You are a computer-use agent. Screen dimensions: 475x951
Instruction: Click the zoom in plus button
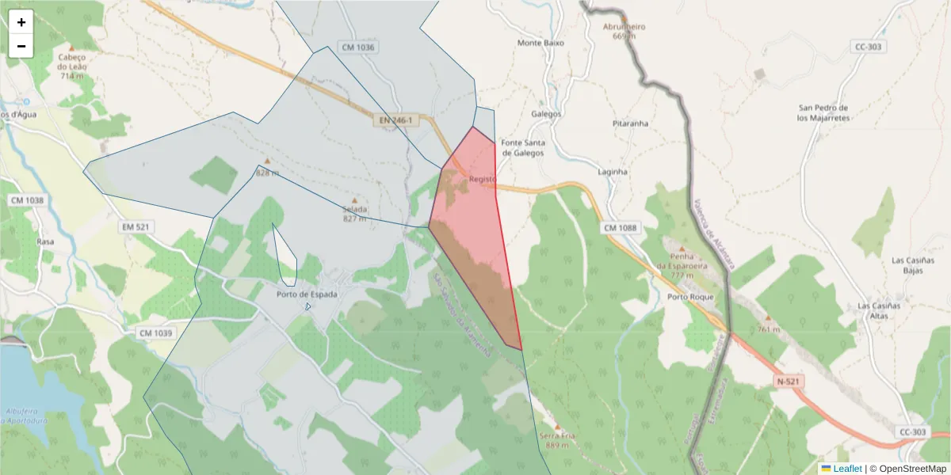(21, 22)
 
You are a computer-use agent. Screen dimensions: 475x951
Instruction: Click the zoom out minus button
(21, 46)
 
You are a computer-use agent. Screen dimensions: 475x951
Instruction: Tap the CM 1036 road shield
(357, 47)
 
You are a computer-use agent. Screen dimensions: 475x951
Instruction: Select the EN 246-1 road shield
(395, 120)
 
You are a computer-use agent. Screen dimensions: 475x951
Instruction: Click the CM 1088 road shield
(620, 229)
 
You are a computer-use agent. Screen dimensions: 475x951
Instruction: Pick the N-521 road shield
(789, 382)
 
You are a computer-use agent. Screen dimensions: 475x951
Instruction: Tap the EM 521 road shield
(136, 227)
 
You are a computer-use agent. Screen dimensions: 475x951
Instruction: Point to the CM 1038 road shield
(27, 200)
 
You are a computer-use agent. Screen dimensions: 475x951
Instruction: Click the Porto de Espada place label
(307, 294)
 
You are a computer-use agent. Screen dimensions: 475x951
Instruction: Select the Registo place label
(482, 179)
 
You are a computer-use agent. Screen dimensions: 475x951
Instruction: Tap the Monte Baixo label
(540, 43)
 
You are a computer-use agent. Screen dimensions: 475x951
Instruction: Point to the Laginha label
(613, 171)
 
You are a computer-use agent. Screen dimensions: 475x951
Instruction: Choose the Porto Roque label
(690, 297)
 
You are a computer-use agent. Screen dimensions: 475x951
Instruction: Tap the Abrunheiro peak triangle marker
(624, 17)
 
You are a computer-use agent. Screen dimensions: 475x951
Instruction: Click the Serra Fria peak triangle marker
(557, 427)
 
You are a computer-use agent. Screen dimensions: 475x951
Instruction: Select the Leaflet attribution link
(847, 469)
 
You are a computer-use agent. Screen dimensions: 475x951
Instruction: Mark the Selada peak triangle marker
(354, 200)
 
